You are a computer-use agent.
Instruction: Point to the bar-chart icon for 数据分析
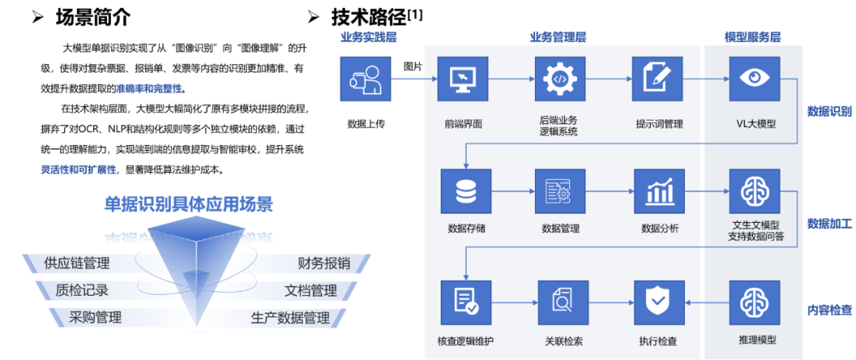(x=658, y=191)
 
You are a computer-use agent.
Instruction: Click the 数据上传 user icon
(x=365, y=79)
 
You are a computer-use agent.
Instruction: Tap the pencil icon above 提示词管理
(x=658, y=79)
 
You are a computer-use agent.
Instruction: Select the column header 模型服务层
(x=752, y=37)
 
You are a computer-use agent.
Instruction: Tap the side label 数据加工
(x=829, y=224)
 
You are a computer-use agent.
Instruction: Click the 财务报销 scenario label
(x=323, y=263)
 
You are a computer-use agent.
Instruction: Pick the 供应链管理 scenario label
(x=77, y=263)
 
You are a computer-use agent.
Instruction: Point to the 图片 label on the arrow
(x=413, y=65)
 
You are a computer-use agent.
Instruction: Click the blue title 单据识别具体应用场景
(x=189, y=205)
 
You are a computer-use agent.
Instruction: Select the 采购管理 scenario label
(x=95, y=317)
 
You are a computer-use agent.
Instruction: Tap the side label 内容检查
(x=829, y=308)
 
